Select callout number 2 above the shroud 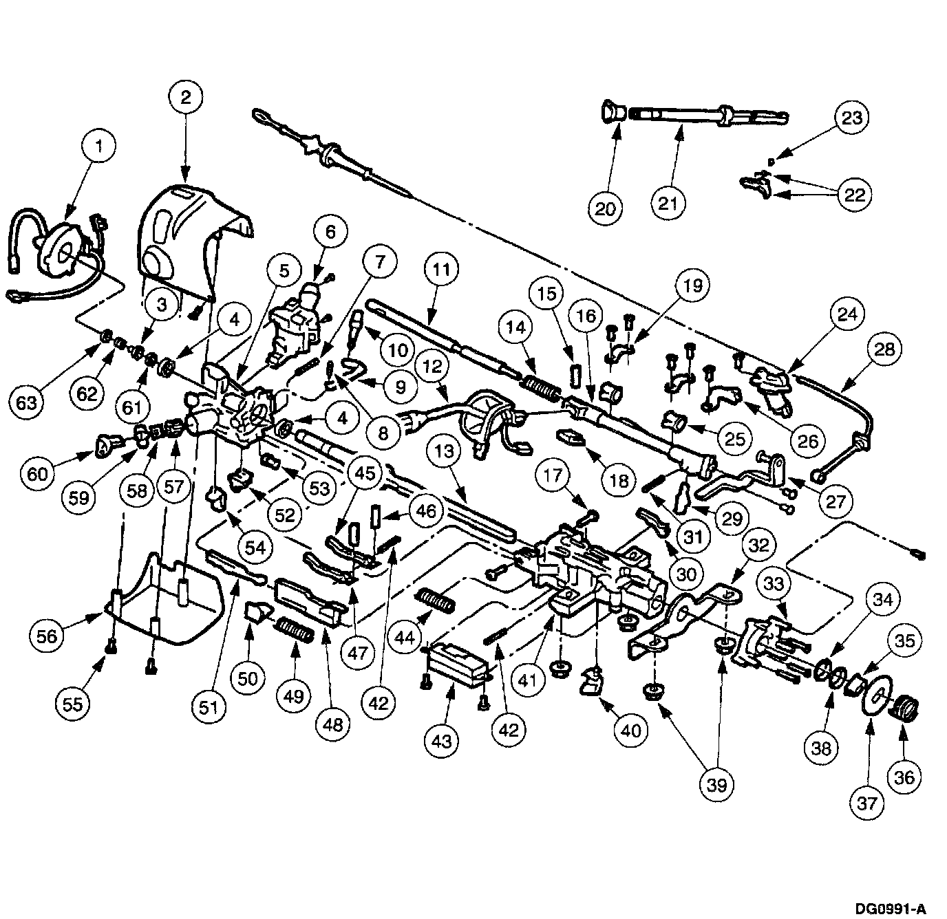pos(186,97)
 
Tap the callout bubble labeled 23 pos(852,118)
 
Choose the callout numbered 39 pos(717,784)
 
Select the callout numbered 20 pos(606,208)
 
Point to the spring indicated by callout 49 pos(296,629)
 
